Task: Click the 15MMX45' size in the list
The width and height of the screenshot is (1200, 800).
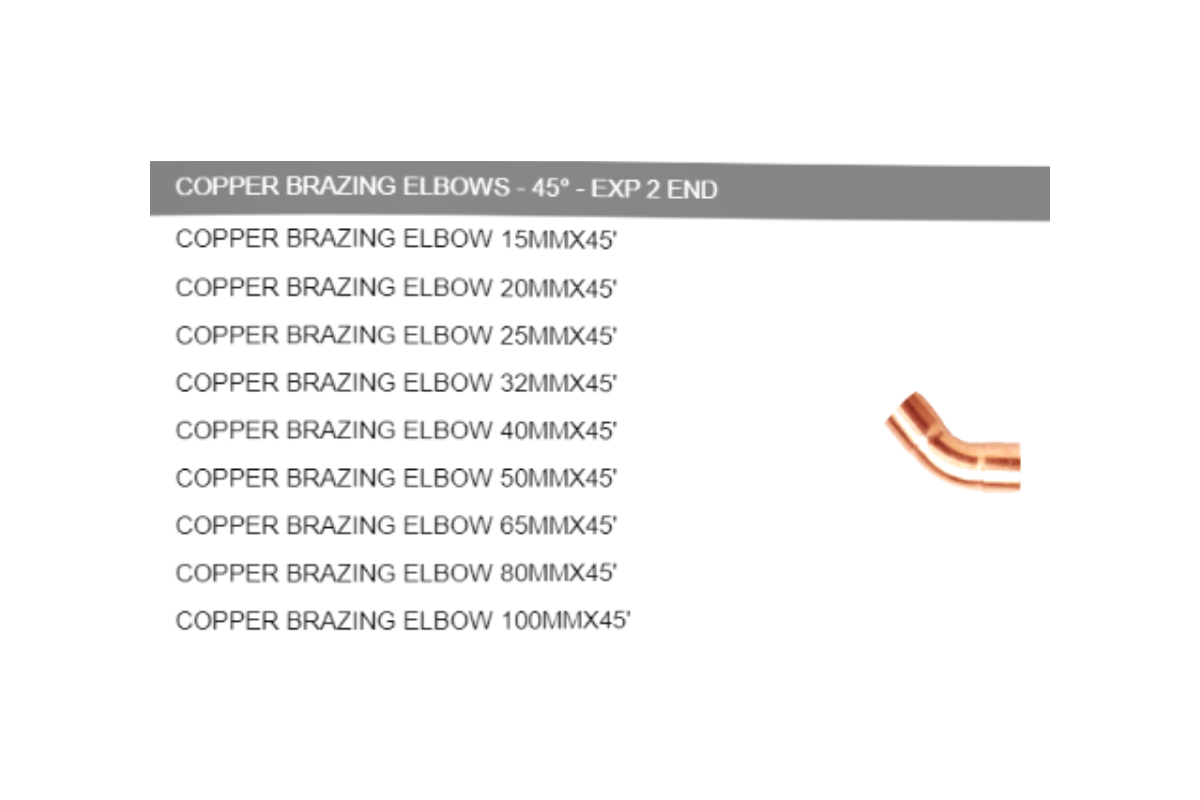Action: (558, 239)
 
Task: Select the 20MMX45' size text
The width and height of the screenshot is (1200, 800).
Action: (558, 288)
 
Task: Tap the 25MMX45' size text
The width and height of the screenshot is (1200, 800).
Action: (558, 335)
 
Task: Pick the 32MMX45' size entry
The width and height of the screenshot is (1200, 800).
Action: (558, 383)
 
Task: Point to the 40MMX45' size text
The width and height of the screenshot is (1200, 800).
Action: (558, 430)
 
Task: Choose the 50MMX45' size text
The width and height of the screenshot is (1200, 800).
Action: (558, 478)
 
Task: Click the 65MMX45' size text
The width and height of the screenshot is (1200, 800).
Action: (558, 526)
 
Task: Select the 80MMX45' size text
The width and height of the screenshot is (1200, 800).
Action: (558, 573)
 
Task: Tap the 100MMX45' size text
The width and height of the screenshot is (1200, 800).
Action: (565, 620)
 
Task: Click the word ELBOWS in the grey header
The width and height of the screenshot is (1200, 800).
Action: (456, 187)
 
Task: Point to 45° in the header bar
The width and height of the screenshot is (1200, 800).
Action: (550, 188)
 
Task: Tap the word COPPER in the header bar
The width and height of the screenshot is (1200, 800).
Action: (227, 186)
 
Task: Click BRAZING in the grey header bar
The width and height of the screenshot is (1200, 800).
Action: (341, 186)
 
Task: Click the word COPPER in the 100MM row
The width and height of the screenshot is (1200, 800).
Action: (227, 620)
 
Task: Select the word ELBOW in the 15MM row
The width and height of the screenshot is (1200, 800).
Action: (447, 238)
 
